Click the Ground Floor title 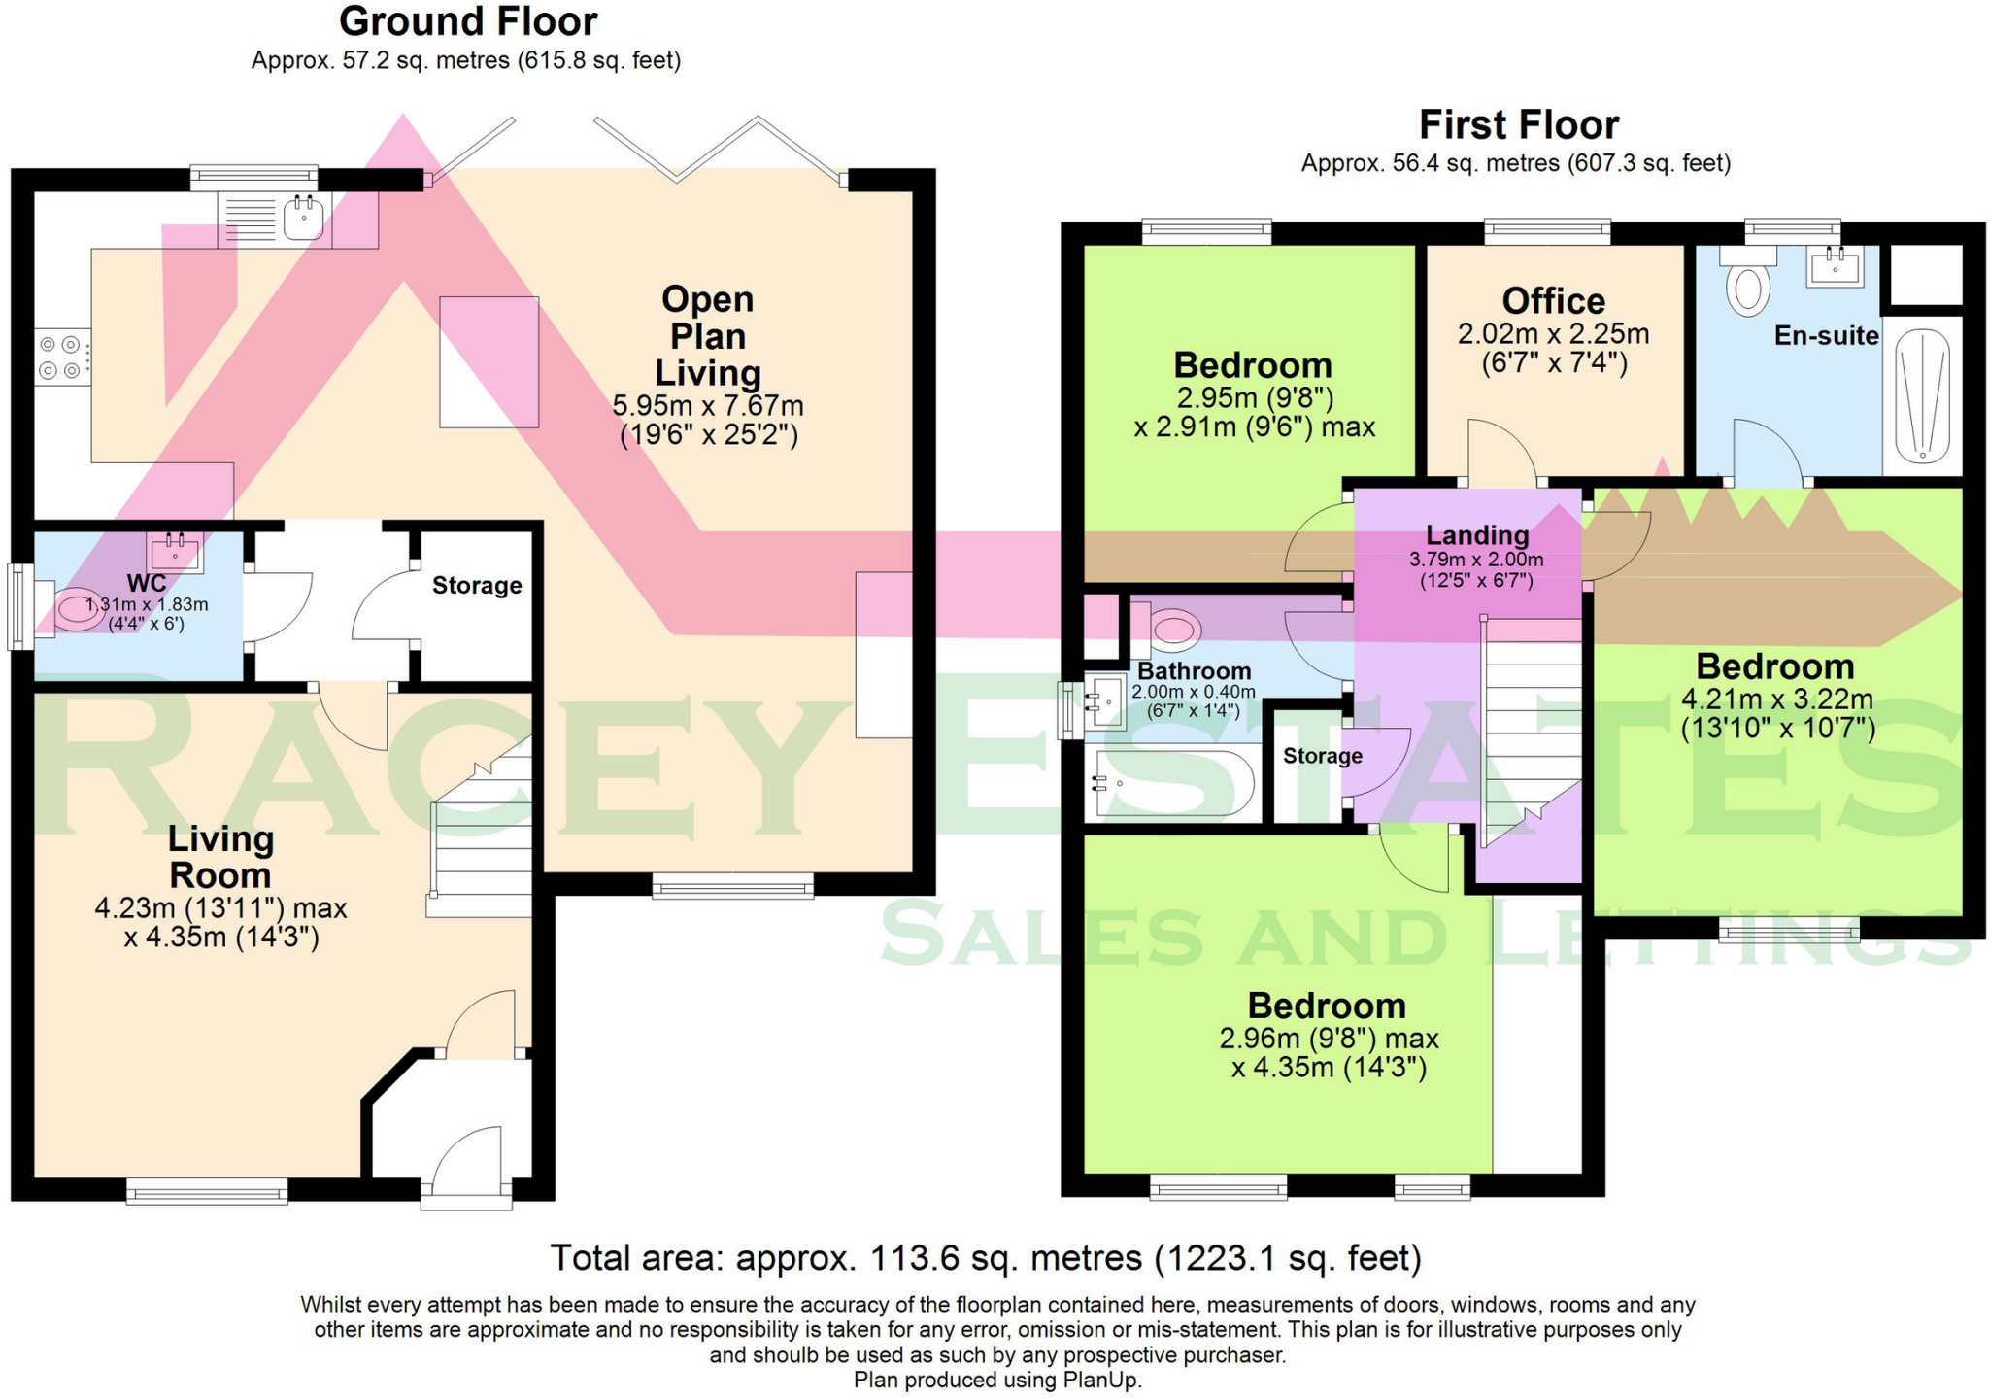(468, 21)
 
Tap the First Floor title (1519, 124)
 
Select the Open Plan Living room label (708, 336)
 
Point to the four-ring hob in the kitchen (60, 358)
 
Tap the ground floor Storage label (477, 585)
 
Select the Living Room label (220, 857)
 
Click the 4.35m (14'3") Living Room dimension (221, 938)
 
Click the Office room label (1554, 300)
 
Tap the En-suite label (1827, 336)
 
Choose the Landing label (1477, 535)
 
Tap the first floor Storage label (1323, 756)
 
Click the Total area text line (986, 1258)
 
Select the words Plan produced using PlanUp (997, 1381)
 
